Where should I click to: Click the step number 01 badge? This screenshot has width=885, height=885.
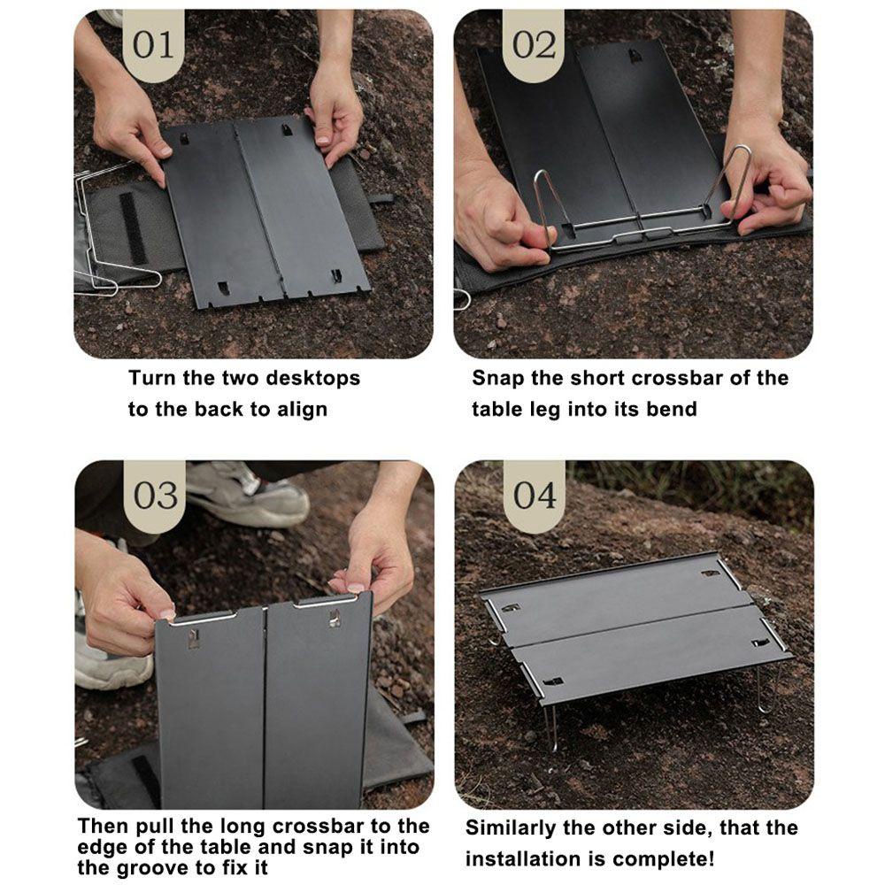tap(153, 45)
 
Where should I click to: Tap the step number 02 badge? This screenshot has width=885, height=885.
tap(534, 45)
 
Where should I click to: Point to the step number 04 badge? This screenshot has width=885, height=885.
tap(535, 495)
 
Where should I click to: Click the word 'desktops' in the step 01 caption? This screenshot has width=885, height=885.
tap(314, 379)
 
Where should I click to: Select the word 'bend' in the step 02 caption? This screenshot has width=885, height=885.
tap(674, 409)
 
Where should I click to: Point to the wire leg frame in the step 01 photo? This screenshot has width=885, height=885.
tap(97, 239)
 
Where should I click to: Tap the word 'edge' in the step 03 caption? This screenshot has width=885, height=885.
tap(103, 848)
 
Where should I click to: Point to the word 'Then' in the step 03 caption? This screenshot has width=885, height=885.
tap(101, 827)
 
